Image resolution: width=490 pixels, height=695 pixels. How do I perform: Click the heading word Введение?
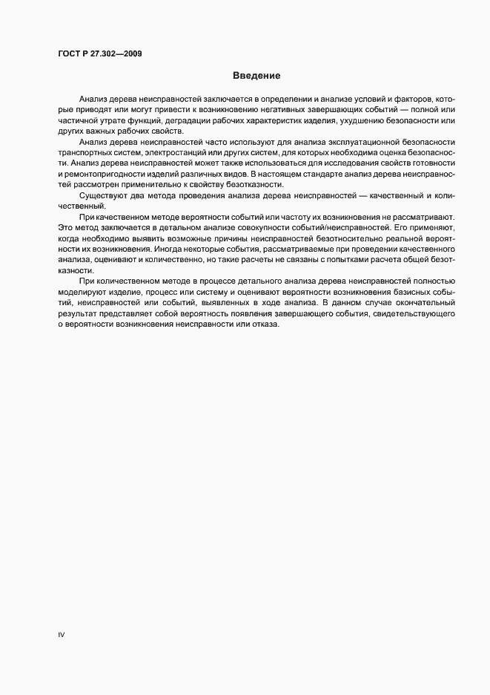point(256,75)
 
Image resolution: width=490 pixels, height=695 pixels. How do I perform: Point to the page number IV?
point(62,635)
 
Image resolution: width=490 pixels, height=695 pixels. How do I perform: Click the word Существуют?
point(102,195)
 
